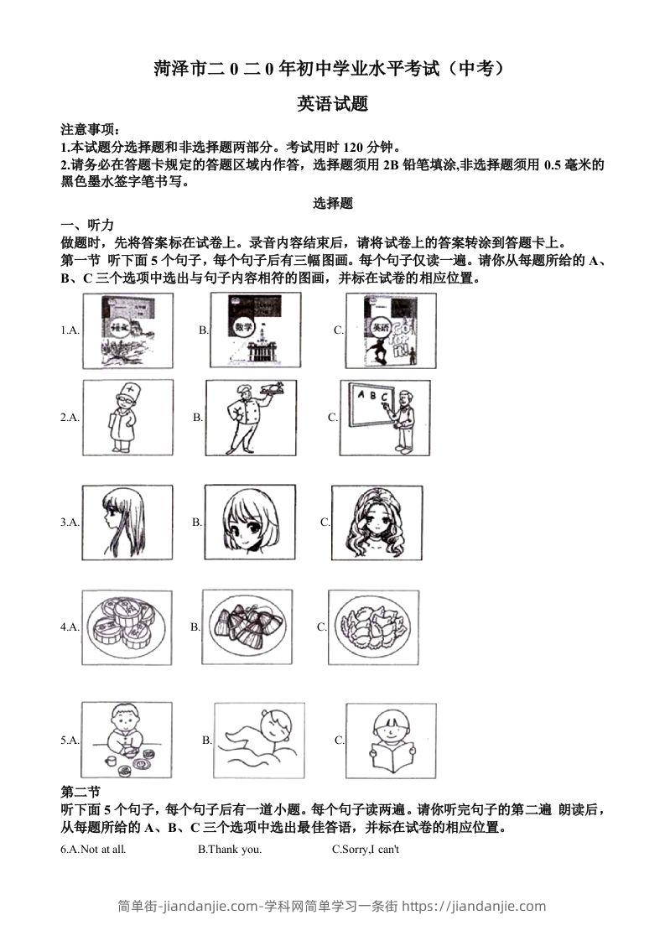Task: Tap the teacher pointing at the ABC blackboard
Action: (385, 418)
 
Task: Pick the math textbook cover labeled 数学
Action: (255, 330)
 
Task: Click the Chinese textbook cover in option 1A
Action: (128, 330)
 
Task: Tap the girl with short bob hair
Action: (250, 522)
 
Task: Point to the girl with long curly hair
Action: (377, 522)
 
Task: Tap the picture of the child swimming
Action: (259, 740)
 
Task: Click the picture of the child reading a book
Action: (390, 740)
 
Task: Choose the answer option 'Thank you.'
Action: (230, 850)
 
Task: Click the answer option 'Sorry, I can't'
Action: (366, 850)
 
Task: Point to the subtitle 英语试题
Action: (333, 104)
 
